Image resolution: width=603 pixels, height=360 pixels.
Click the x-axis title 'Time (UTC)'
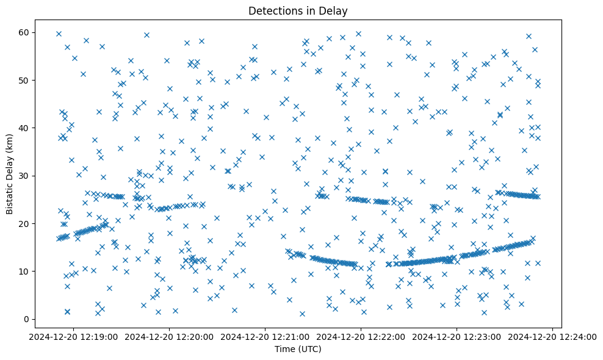tap(298, 349)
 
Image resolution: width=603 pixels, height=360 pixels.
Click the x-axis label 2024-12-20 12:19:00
tap(74, 336)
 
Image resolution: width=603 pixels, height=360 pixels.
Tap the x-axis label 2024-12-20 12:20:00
tap(170, 336)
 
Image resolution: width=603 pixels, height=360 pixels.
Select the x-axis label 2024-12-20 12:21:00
tap(265, 336)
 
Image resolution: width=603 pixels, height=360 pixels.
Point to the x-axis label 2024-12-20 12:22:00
tap(361, 336)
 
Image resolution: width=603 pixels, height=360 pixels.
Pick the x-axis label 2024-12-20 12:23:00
tap(457, 336)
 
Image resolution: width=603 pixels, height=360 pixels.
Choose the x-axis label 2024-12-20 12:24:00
tap(553, 336)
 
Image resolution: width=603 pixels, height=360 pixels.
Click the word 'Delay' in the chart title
tap(334, 10)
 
